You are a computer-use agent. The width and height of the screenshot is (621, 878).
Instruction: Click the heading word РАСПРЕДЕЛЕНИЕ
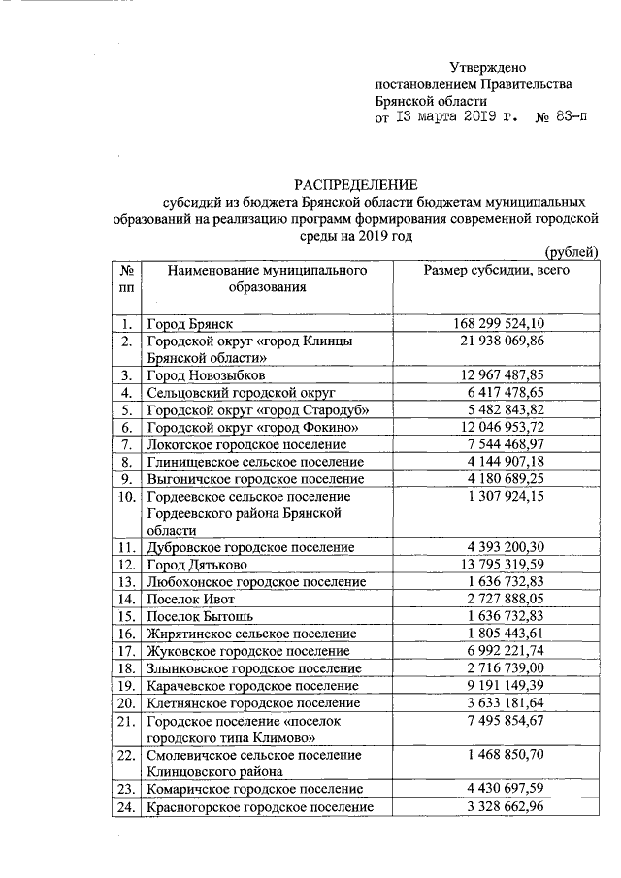pos(356,184)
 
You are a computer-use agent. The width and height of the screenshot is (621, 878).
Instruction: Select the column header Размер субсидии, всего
pos(497,271)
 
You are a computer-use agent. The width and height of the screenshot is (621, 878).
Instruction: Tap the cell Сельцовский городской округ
pos(241,393)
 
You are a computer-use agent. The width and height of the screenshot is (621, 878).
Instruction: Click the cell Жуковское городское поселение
pos(246,651)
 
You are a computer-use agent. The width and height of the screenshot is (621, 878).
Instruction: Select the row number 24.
pos(126,806)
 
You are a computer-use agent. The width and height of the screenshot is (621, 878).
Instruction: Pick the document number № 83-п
pos(561,119)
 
